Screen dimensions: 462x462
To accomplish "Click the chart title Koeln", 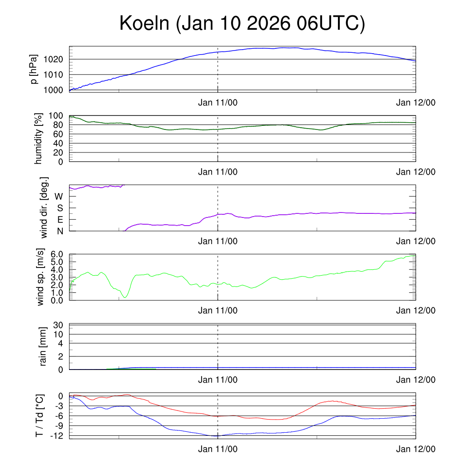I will [242, 23].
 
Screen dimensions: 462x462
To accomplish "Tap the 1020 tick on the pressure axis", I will [56, 60].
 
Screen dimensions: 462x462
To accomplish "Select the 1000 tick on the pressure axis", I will [56, 90].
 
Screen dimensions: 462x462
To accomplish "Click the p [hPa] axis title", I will [34, 69].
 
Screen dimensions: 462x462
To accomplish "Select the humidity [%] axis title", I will [39, 139].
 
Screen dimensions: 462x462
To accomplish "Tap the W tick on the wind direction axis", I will [59, 197].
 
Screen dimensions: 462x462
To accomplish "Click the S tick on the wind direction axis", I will [60, 208].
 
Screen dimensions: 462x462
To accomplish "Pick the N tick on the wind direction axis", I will [60, 231].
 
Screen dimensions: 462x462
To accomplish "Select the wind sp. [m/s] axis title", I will [41, 277].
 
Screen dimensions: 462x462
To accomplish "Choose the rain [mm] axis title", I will [43, 347].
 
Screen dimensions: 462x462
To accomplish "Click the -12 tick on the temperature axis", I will [57, 436].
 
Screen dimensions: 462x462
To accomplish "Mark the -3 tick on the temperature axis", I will [60, 406].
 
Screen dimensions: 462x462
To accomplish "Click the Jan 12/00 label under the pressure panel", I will [416, 102].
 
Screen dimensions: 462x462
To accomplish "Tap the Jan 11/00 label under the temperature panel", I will [217, 449].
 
